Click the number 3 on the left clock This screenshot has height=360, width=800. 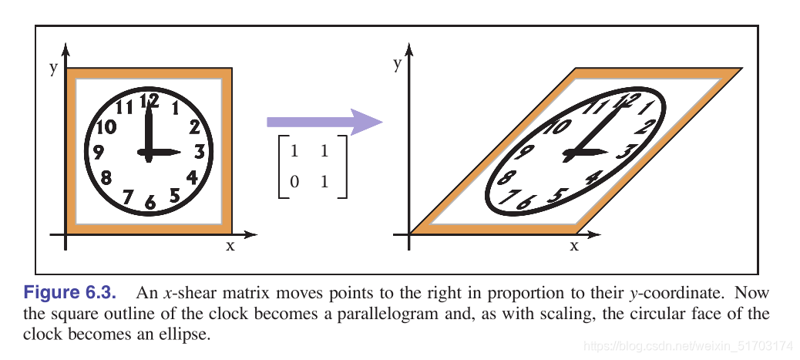[199, 150]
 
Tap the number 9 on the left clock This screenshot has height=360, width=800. [99, 152]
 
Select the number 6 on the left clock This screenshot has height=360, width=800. [150, 203]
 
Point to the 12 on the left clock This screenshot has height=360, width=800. [150, 99]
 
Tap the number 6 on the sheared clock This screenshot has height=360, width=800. [526, 202]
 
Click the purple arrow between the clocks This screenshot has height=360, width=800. [324, 122]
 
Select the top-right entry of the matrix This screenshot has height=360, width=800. [324, 153]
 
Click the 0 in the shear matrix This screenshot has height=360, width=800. [293, 183]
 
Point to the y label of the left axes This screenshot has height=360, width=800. [53, 67]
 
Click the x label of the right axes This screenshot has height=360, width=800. [573, 246]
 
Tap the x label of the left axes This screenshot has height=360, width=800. [230, 246]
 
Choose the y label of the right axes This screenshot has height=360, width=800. [397, 63]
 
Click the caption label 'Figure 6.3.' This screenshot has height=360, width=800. [71, 294]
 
